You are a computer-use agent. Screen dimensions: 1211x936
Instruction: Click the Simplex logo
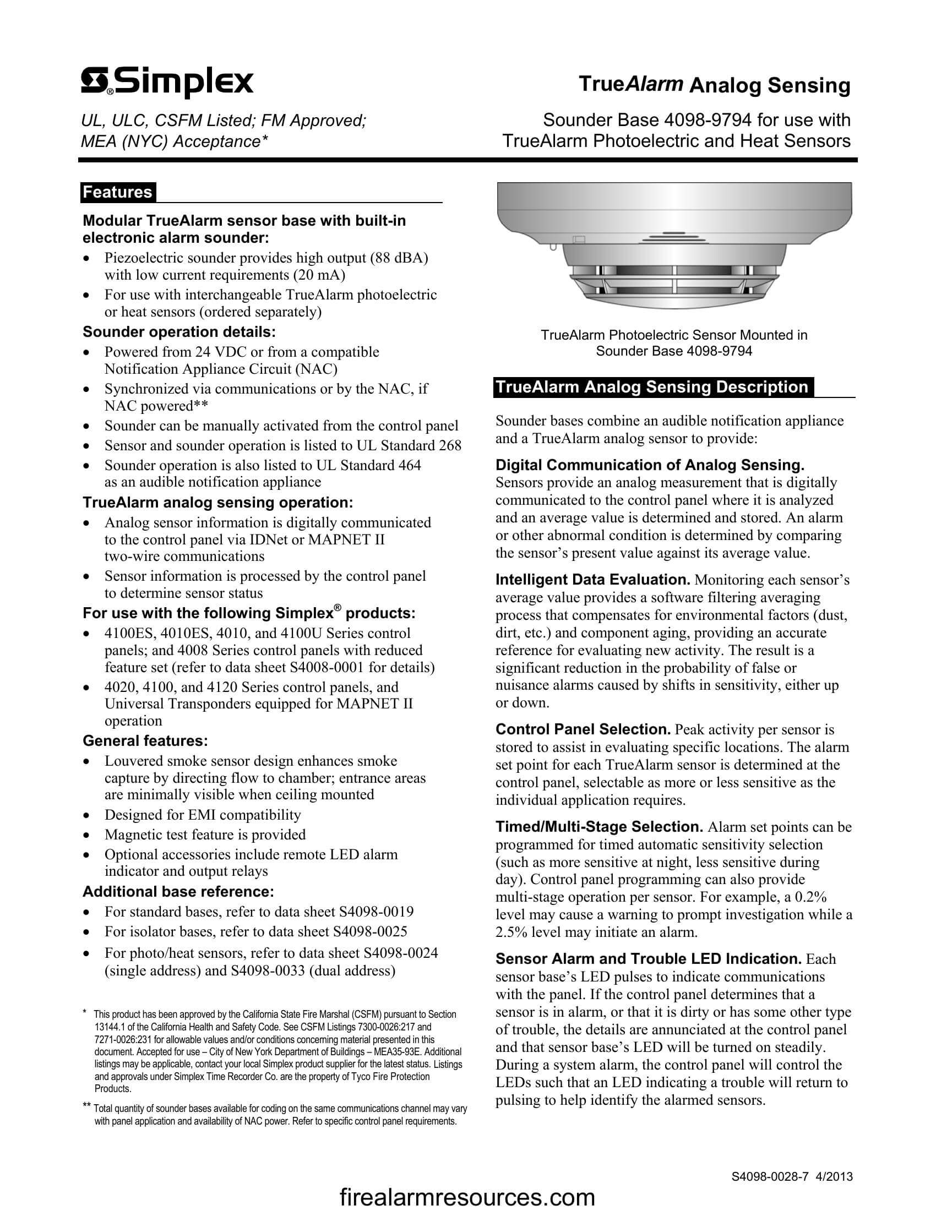click(167, 83)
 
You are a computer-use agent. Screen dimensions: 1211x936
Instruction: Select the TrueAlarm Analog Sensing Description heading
click(652, 386)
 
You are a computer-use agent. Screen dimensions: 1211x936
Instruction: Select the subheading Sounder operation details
click(178, 332)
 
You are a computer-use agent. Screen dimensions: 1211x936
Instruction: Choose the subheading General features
click(145, 741)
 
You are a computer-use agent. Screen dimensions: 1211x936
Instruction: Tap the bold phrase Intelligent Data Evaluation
click(592, 580)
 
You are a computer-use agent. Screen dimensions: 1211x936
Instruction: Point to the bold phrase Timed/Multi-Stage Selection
click(599, 827)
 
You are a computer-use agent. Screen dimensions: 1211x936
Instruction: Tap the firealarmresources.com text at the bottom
click(467, 1197)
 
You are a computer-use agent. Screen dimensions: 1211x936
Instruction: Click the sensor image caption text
click(674, 343)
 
